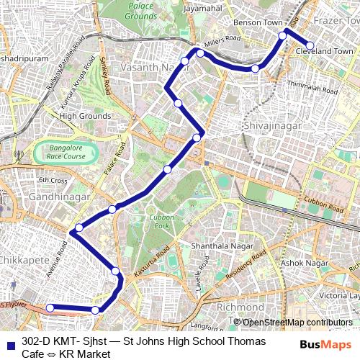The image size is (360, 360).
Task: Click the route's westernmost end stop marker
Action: point(50,308)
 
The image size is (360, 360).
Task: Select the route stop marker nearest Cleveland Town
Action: point(310,45)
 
